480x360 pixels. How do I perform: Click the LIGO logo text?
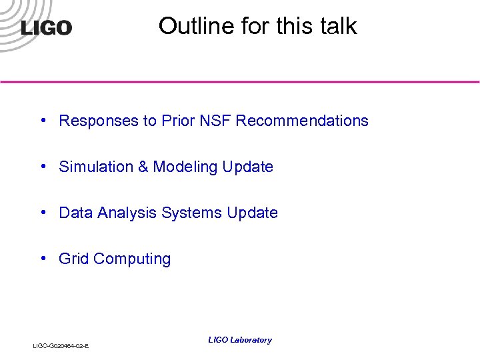46,28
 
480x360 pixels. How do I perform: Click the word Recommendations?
302,121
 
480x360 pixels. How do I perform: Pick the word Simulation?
96,167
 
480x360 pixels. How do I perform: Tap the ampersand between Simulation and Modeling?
143,167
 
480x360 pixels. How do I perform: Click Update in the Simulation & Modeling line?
248,167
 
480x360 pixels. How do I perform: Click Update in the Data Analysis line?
253,213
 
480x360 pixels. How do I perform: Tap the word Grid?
74,259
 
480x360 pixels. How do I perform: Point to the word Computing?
132,259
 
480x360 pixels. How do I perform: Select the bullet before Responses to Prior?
43,121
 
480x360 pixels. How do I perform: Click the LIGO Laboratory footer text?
240,340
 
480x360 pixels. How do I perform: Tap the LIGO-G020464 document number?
61,346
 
